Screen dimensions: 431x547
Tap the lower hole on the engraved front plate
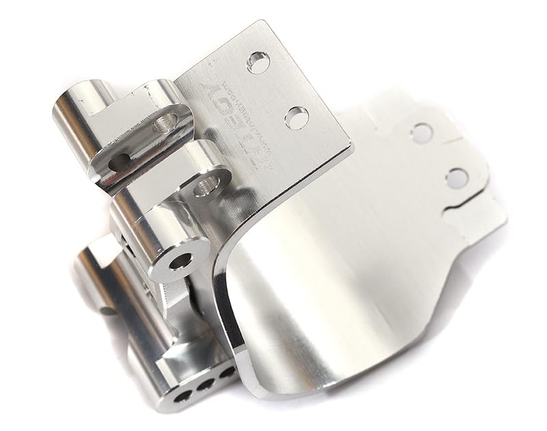(295, 117)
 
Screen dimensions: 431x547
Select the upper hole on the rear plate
(421, 132)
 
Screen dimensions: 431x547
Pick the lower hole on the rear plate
(456, 178)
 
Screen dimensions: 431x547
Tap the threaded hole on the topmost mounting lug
(165, 123)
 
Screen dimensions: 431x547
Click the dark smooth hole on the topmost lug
(121, 162)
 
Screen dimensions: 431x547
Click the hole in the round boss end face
(180, 262)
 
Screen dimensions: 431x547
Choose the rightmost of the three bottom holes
(224, 376)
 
